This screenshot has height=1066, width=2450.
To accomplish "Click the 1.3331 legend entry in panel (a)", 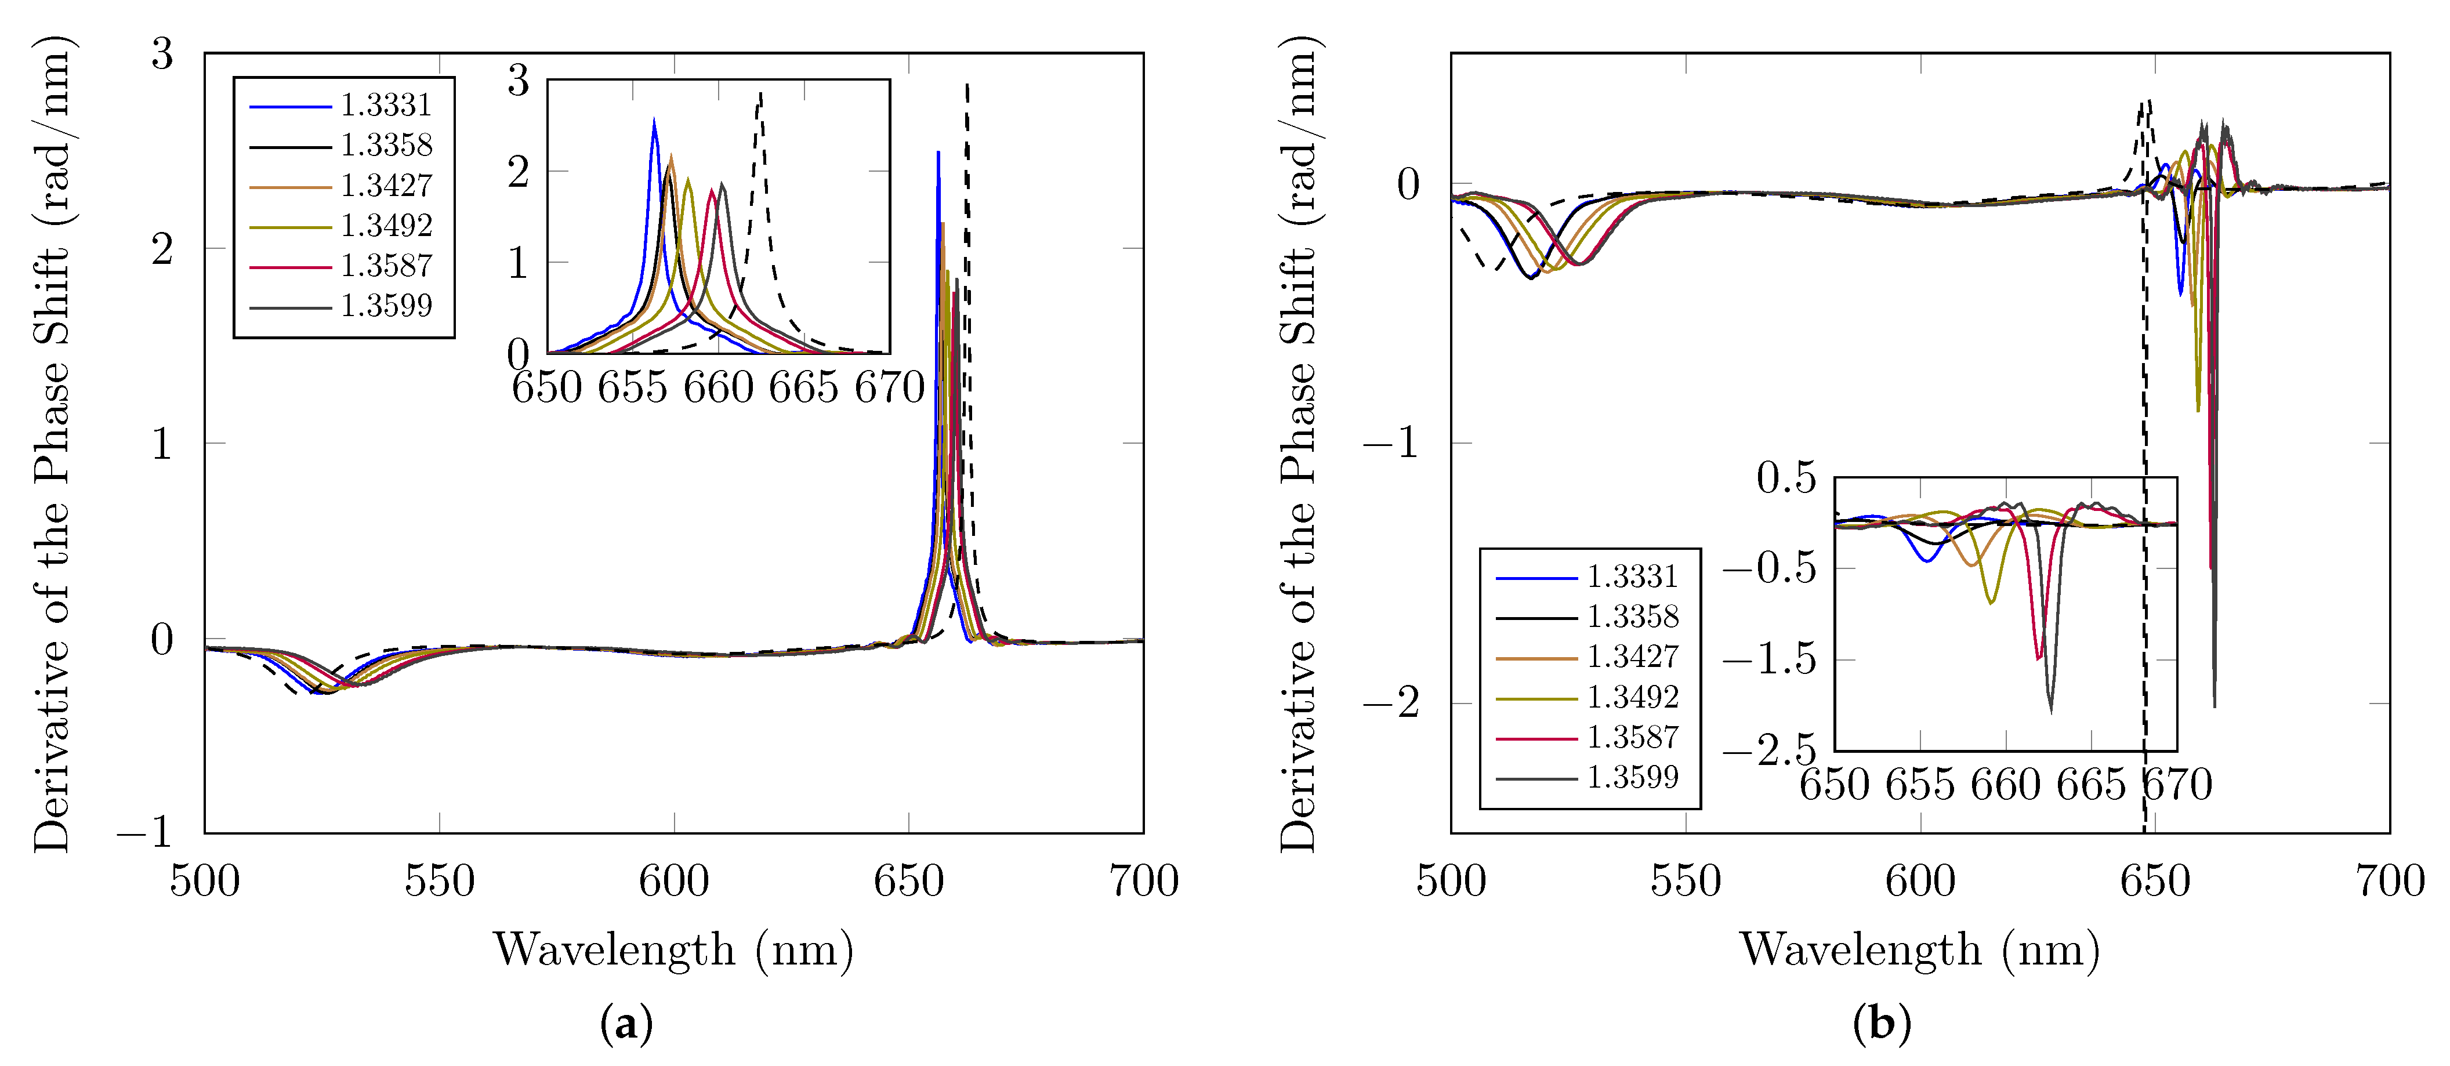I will click(x=385, y=104).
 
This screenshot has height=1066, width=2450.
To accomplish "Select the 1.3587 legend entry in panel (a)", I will click(x=385, y=265).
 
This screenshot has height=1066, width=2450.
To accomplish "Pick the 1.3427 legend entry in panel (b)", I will click(x=1631, y=656).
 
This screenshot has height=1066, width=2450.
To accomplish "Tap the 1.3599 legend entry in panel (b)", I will click(x=1631, y=777).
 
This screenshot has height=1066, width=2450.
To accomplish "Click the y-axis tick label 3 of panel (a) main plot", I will click(x=162, y=54).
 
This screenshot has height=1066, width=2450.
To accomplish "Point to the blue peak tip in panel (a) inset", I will click(x=654, y=120).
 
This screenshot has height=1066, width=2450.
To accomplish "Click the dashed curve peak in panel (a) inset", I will click(x=760, y=92).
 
